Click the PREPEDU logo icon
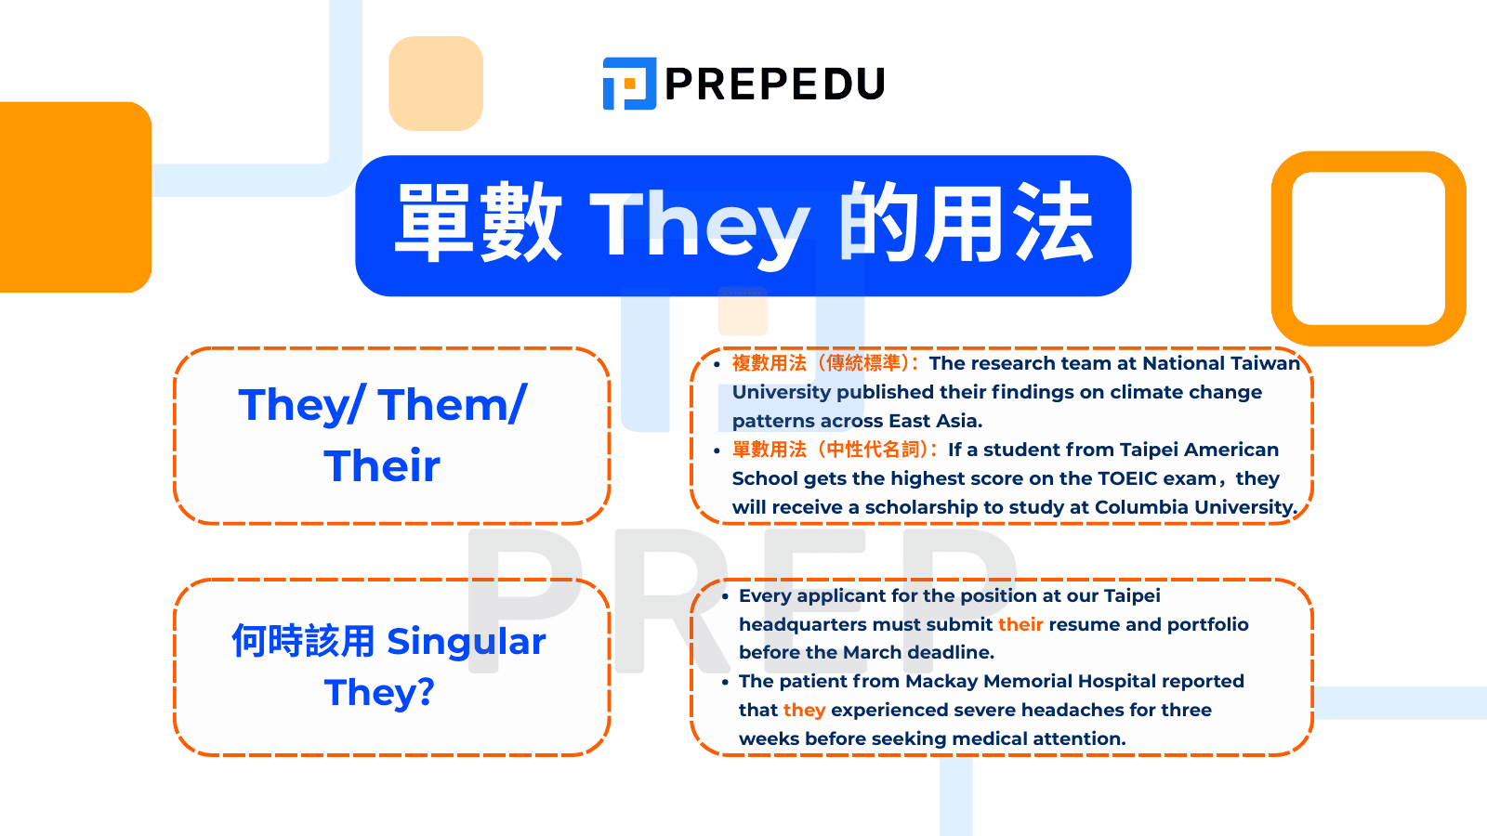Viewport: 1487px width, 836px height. coord(629,84)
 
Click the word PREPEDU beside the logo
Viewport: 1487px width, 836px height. coord(774,85)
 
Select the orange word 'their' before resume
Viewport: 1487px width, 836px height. coord(1020,624)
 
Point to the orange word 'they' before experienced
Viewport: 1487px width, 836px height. coord(804,710)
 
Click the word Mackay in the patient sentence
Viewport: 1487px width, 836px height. coord(941,681)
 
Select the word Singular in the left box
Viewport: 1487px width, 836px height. coord(466,642)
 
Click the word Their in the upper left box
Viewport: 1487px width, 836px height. coord(382,465)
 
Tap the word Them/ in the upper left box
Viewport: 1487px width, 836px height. coord(453,405)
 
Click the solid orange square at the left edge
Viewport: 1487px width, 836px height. coord(74,197)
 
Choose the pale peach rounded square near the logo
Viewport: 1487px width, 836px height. coord(436,84)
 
